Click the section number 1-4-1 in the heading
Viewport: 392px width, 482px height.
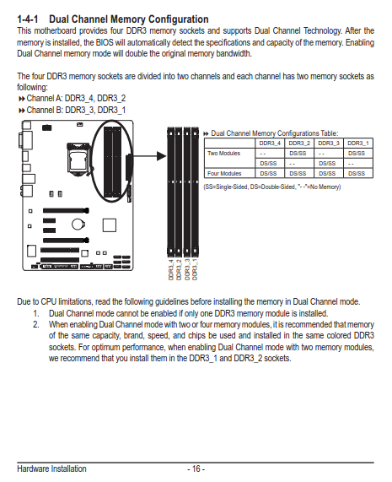pos(28,19)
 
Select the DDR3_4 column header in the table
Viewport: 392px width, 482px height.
pos(270,144)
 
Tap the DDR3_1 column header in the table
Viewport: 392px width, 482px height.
pos(358,144)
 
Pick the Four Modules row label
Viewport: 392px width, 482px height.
pos(224,173)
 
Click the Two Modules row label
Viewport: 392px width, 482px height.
pos(223,153)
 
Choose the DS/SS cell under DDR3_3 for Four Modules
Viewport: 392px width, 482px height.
pos(327,173)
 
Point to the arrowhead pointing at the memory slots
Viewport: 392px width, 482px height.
pos(161,156)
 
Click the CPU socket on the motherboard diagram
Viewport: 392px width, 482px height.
pos(78,158)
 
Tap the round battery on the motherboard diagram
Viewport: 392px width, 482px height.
pos(78,224)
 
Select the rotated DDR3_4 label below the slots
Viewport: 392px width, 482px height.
pos(171,269)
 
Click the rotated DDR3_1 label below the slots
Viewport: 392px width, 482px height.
pos(195,269)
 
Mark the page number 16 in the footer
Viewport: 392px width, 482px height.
pos(196,468)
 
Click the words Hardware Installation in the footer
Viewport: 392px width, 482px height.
pos(51,468)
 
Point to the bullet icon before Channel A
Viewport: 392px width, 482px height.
pos(21,99)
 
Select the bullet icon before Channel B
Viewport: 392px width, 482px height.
pos(21,111)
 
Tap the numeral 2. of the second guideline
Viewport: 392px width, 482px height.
pos(36,325)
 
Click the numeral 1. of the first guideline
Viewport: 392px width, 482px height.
pos(36,313)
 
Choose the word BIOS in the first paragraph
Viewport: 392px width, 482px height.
pos(105,42)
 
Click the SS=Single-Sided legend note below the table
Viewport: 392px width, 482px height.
pos(272,187)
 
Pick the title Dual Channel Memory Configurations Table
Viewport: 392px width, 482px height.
pos(275,133)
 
